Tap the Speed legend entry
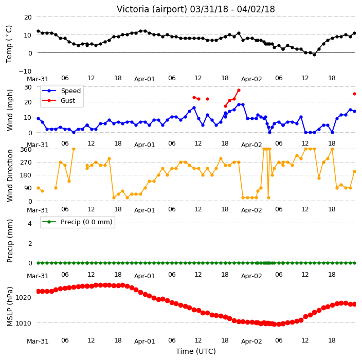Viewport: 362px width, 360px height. [x=61, y=91]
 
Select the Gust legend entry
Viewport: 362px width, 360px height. [x=59, y=101]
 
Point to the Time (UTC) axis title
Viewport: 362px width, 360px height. [x=196, y=351]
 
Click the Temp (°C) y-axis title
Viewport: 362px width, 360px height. [x=9, y=44]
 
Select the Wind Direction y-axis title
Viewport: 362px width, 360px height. [x=10, y=175]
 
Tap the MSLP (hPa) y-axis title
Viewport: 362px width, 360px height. [x=10, y=307]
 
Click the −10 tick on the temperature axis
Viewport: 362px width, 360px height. [x=25, y=71]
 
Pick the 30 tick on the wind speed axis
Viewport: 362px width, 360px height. [x=28, y=87]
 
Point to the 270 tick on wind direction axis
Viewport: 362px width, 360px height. [x=26, y=163]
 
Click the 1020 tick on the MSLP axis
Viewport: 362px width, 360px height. [x=23, y=297]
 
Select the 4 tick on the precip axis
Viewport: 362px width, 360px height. [x=30, y=223]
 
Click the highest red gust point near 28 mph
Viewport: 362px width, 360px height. [x=239, y=91]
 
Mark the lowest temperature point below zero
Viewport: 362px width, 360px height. [x=314, y=55]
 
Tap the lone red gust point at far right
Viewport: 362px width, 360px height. [x=355, y=94]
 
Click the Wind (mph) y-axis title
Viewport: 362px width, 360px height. [x=10, y=110]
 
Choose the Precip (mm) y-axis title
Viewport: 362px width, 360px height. [x=10, y=241]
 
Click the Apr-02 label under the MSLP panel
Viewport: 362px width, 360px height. [x=251, y=341]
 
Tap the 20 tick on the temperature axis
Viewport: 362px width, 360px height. [x=28, y=17]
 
